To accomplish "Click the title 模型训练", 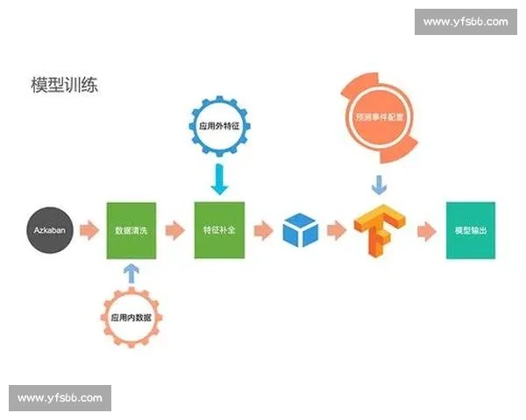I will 66,86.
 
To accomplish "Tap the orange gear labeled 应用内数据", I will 131,317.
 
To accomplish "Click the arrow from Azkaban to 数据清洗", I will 89,230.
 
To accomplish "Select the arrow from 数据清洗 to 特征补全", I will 175,230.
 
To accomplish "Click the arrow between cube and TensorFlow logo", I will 338,230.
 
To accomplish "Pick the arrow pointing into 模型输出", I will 426,230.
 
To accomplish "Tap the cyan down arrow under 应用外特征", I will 219,179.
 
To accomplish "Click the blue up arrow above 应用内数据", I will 131,273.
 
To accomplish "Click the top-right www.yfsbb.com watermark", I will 465,22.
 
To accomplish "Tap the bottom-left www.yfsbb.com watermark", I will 60,398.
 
